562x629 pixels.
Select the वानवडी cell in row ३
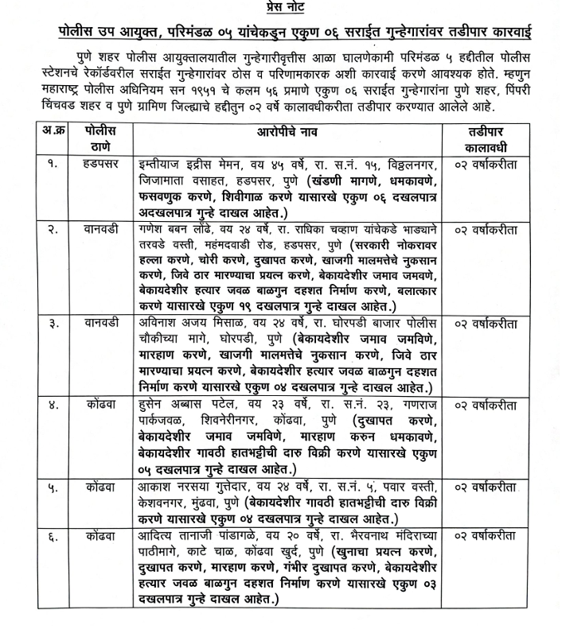[x=100, y=322]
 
